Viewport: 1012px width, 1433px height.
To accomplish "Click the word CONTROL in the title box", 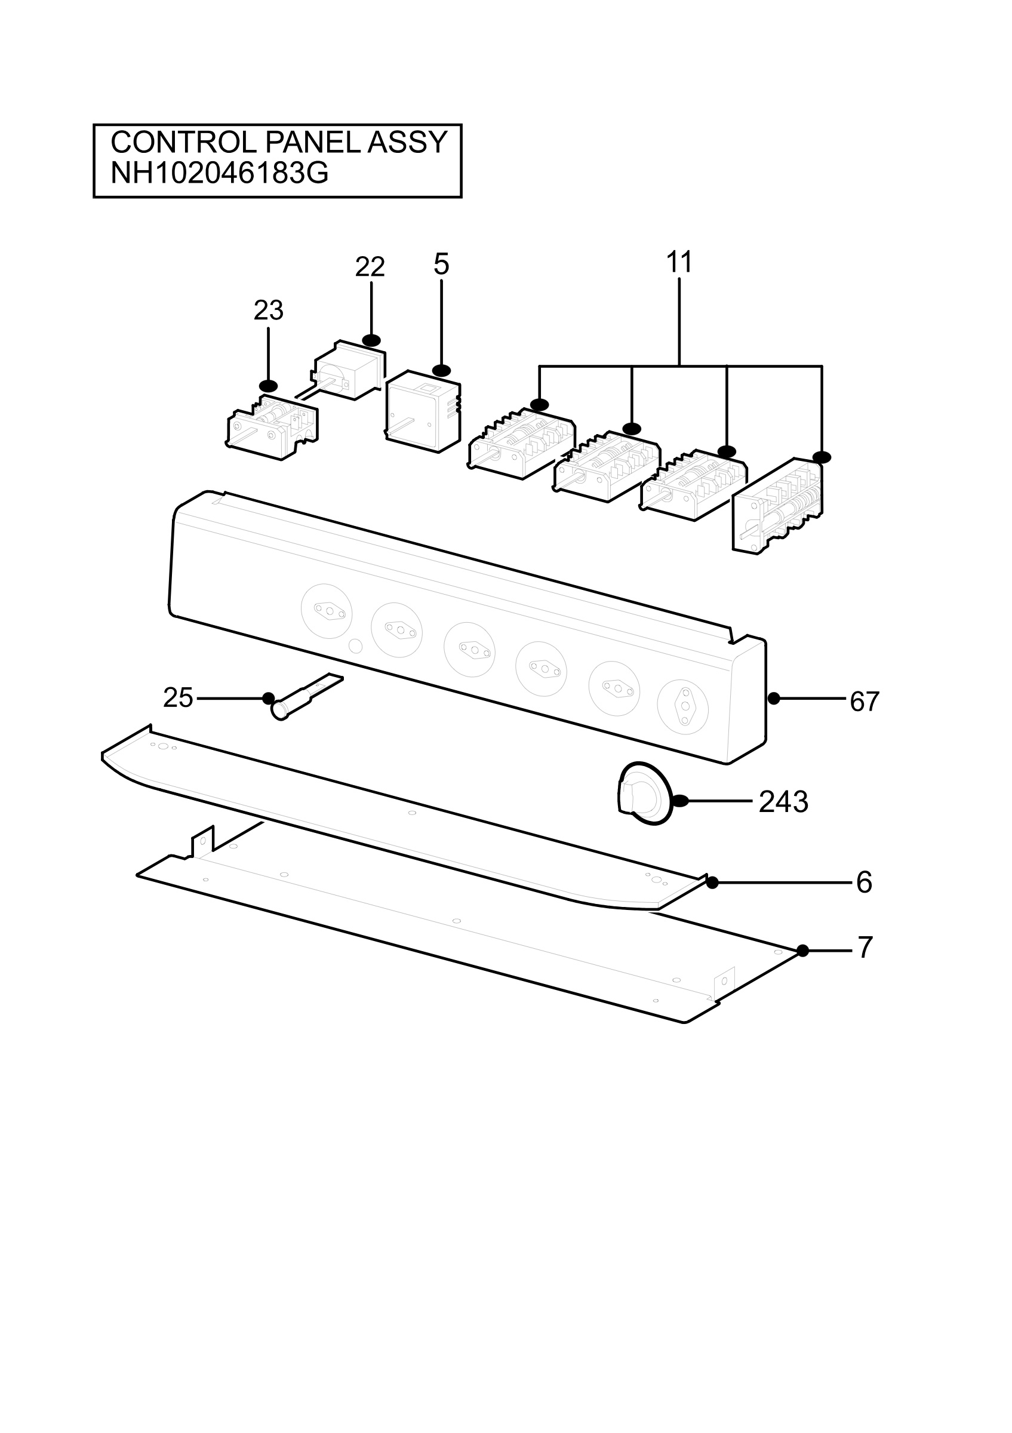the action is pos(184,143).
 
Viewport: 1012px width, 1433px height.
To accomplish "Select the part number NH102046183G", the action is pos(219,174).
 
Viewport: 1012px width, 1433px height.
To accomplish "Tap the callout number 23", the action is pos(268,310).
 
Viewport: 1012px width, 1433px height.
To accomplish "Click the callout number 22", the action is pos(370,267).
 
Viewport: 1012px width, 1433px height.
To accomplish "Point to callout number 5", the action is pos(441,265).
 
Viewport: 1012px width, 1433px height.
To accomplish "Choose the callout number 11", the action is pos(679,262).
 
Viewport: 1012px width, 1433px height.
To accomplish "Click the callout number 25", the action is pos(178,698).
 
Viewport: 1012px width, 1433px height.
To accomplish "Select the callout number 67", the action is pos(865,702).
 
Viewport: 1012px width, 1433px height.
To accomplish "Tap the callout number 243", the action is pos(784,802).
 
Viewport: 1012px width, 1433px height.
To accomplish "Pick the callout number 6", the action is pos(864,882).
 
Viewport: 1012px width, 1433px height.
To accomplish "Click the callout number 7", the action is pos(865,948).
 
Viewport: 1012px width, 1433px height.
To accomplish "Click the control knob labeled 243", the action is pos(645,794).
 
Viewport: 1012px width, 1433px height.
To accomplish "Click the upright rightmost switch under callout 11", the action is pos(777,506).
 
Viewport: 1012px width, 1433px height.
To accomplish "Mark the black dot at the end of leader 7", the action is pos(803,951).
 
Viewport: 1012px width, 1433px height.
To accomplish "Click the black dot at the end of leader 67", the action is pos(774,699).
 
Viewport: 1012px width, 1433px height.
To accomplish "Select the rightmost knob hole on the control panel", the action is pos(683,706).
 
